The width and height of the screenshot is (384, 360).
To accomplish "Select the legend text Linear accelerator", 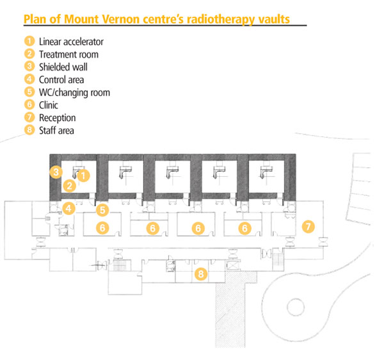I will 71,42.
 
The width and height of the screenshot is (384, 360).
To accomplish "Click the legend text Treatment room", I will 68,54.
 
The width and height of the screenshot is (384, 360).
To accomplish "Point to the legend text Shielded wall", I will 63,67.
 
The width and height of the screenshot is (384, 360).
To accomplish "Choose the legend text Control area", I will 61,80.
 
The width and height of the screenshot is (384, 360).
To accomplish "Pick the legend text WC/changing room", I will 74,93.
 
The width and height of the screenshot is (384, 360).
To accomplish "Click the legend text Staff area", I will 56,131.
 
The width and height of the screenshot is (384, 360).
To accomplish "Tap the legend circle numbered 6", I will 29,105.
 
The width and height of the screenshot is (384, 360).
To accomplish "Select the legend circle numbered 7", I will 29,118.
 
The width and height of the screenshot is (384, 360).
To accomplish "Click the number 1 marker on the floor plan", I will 83,174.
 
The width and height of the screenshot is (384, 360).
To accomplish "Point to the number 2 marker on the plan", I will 69,186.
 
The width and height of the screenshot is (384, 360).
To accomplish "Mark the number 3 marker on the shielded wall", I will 56,172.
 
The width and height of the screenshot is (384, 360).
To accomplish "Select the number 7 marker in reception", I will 308,226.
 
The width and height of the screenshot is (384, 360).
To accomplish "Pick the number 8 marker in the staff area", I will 201,274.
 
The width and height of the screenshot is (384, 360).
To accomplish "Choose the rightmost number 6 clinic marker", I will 244,227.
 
